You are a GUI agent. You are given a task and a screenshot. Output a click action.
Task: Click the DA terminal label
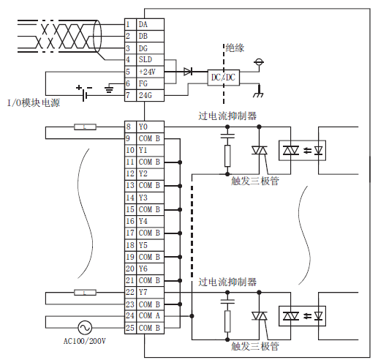tap(143, 24)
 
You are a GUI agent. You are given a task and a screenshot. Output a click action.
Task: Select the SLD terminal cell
tap(150, 60)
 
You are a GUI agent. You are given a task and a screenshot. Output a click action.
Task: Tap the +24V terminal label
tap(147, 72)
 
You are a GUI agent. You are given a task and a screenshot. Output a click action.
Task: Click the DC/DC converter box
tap(224, 78)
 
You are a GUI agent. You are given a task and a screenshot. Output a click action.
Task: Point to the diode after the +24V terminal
tap(188, 72)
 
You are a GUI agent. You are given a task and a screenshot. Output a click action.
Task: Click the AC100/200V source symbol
tap(85, 328)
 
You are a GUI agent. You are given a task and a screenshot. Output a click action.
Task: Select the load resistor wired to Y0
tap(85, 127)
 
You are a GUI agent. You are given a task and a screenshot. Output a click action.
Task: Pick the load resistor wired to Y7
tap(85, 293)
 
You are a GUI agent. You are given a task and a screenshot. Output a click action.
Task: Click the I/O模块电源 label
tap(34, 103)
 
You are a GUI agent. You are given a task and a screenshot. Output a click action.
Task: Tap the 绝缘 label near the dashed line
tap(235, 48)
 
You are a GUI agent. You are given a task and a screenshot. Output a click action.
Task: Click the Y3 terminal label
tap(143, 198)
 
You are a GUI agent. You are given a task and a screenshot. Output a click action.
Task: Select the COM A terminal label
tap(149, 315)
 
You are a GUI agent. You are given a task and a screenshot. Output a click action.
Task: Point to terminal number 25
tap(130, 328)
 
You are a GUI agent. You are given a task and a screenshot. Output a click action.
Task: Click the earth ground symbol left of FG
tap(109, 89)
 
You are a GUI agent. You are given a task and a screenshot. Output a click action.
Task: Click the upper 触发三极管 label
tap(255, 181)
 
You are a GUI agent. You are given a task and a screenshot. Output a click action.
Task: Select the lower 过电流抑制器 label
tap(227, 282)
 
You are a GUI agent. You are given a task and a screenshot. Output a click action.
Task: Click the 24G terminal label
tap(145, 95)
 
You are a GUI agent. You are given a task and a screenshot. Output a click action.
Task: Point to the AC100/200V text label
tap(85, 341)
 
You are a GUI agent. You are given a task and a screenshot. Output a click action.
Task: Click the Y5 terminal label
tap(143, 245)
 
